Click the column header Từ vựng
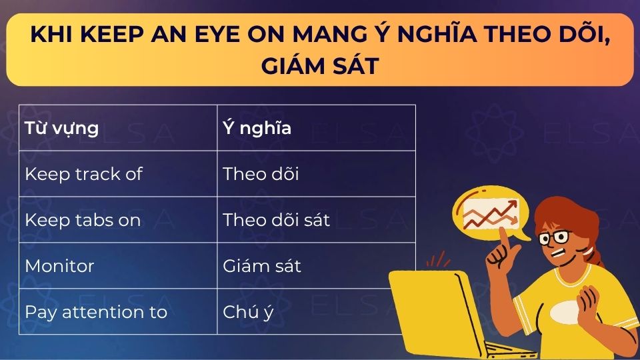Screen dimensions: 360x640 pos(61,128)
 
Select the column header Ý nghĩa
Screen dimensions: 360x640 pos(257,128)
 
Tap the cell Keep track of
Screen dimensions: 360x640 pos(83,174)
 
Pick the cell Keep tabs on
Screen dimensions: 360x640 pos(83,220)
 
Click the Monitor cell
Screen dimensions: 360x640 pos(59,266)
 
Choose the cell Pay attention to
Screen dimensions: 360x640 pos(95,312)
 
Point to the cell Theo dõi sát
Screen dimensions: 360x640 pos(276,220)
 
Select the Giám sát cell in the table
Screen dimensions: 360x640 pos(262,266)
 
